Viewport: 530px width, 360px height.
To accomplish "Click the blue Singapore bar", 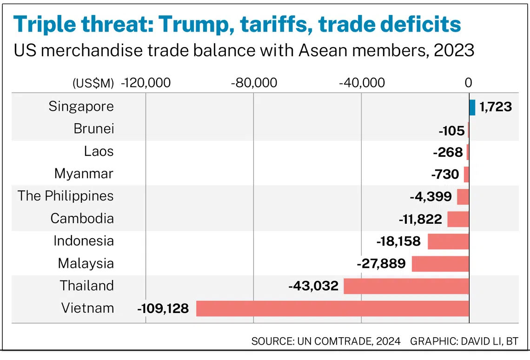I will (472, 107).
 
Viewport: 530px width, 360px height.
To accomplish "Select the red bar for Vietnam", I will (332, 308).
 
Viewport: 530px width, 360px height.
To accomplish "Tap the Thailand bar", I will (406, 286).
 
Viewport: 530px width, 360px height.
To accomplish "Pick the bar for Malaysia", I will (440, 264).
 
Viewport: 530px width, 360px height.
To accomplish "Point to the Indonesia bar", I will (448, 241).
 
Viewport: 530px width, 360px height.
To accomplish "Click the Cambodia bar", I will (458, 219).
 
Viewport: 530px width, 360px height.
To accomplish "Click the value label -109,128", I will (163, 308).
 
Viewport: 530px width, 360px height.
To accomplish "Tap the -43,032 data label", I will (313, 286).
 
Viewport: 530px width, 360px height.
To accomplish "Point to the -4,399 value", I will (431, 197).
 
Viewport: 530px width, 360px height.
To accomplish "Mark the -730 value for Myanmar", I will (445, 174).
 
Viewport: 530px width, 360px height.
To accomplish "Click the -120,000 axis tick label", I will (146, 83).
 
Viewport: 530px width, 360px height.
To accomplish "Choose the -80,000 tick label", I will (254, 83).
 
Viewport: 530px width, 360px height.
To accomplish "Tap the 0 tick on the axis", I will (468, 83).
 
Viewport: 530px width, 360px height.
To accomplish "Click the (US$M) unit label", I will (93, 84).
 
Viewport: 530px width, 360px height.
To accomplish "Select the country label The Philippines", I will (66, 196).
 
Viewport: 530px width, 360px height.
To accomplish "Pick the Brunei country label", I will (93, 129).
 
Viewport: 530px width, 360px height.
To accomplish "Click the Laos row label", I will (99, 151).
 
